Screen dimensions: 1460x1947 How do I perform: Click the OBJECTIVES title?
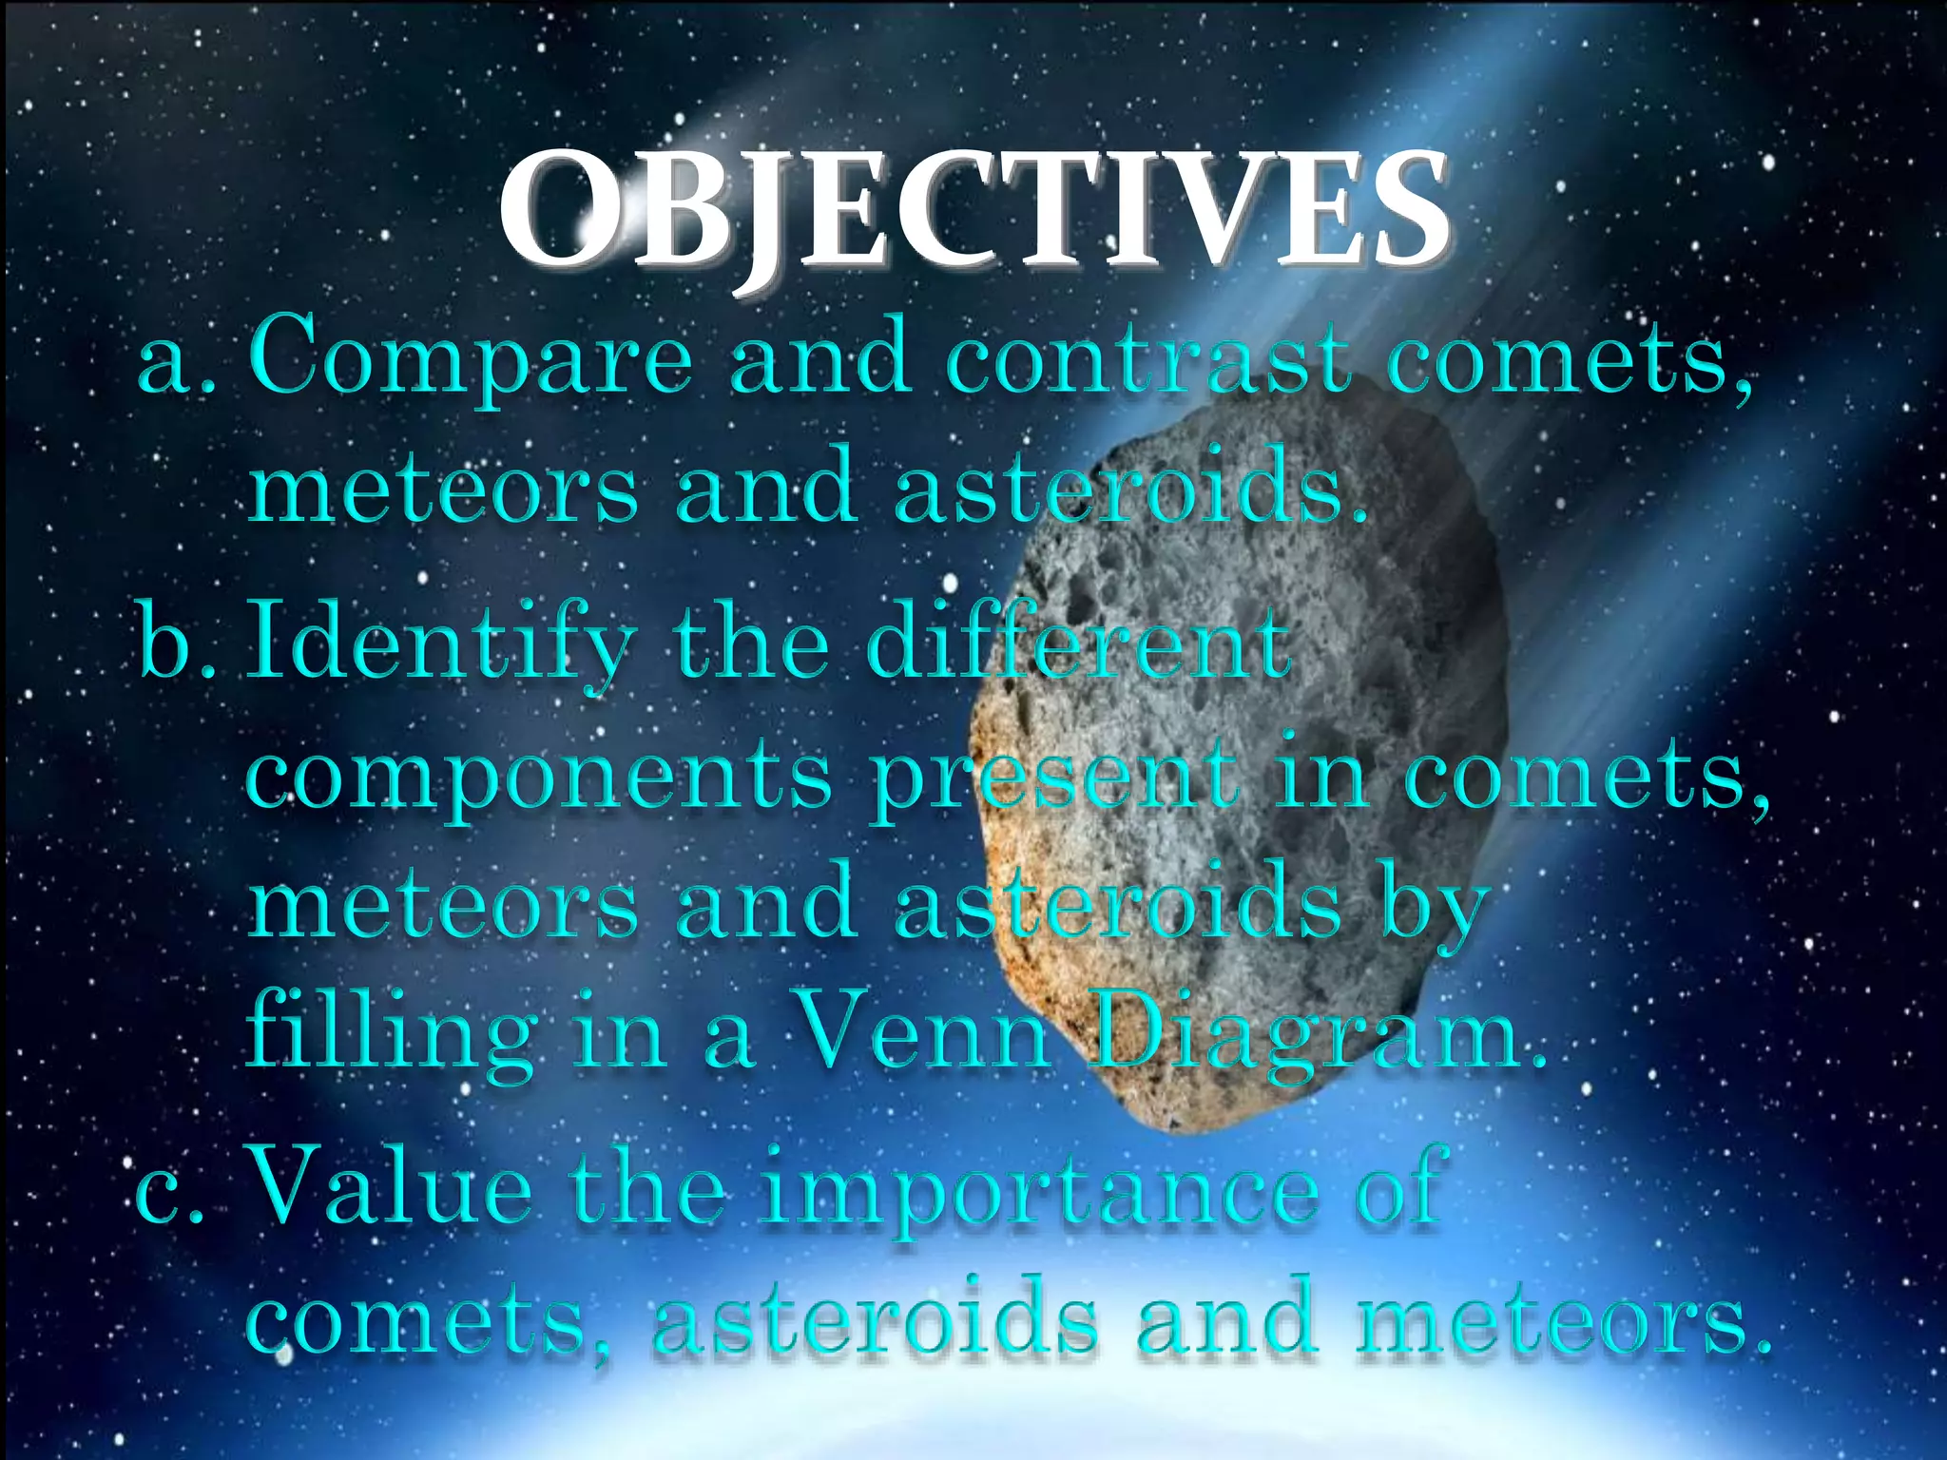tap(973, 211)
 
